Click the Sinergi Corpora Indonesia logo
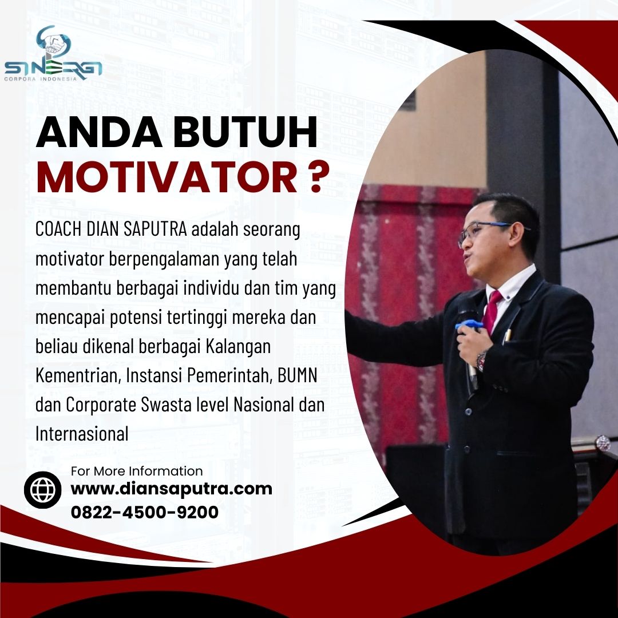(x=53, y=54)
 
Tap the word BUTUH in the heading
(x=245, y=132)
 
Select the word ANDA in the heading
(x=99, y=132)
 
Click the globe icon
(x=42, y=489)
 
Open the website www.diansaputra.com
(x=172, y=489)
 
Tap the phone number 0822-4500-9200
(x=145, y=512)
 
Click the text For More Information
(x=137, y=471)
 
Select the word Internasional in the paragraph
(x=82, y=434)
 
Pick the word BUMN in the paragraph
(x=298, y=375)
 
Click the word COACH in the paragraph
(x=59, y=229)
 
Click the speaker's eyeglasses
(x=489, y=231)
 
